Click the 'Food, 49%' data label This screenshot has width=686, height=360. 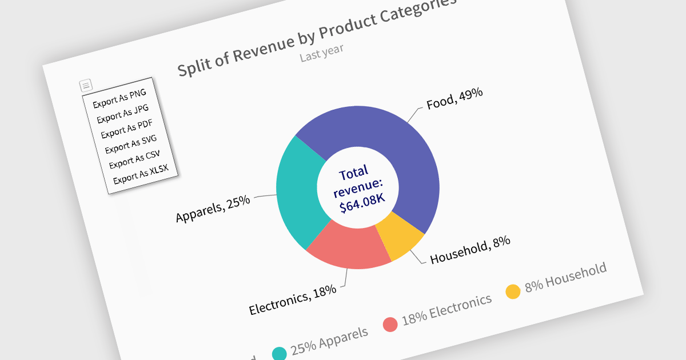(x=454, y=99)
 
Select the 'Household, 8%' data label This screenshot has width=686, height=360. (x=470, y=250)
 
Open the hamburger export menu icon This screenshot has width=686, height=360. (x=85, y=86)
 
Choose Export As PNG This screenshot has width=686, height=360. (x=119, y=98)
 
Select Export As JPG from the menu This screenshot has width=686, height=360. (x=123, y=113)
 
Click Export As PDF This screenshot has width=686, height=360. (x=127, y=129)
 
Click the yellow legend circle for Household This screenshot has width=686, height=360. (x=513, y=291)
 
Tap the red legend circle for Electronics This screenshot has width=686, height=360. (x=390, y=324)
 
